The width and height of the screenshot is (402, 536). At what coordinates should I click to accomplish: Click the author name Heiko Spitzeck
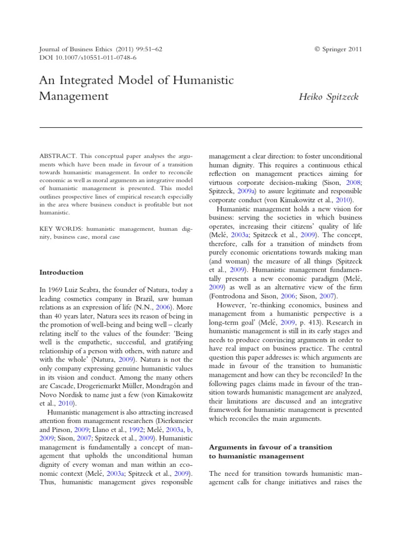[x=329, y=96]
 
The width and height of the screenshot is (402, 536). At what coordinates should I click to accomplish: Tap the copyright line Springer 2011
[x=338, y=49]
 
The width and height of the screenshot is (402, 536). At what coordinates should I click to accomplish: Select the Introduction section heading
[x=61, y=272]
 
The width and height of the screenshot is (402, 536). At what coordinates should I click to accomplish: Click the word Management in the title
[x=74, y=96]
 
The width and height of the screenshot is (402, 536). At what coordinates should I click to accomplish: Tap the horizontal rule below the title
[x=201, y=127]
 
